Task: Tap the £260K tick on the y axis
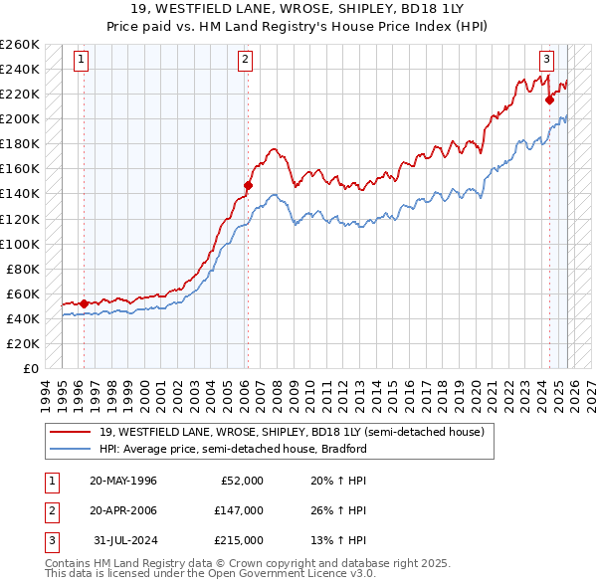tap(20, 45)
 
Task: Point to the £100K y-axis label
tap(20, 244)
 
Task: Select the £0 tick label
tap(32, 368)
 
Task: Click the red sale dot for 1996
tap(84, 303)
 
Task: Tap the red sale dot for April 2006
tap(248, 185)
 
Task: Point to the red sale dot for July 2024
tap(549, 98)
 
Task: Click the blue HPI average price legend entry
tap(233, 449)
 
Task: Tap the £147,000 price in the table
tap(238, 510)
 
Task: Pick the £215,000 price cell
tap(238, 540)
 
